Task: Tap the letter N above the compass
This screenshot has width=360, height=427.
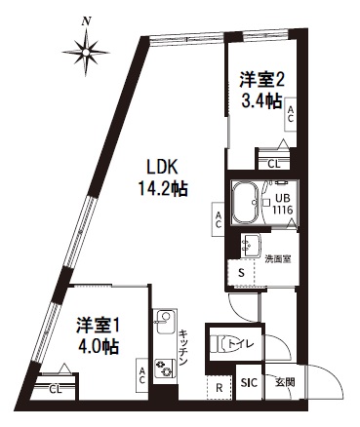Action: point(88,19)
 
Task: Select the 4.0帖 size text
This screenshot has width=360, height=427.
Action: point(99,343)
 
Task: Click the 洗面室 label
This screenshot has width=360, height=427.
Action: point(278,259)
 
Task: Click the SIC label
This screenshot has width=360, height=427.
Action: point(248,382)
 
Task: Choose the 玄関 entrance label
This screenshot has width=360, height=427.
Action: point(283,381)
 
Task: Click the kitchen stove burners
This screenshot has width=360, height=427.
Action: point(165,367)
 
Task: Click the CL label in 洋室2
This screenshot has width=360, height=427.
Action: point(274,163)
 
